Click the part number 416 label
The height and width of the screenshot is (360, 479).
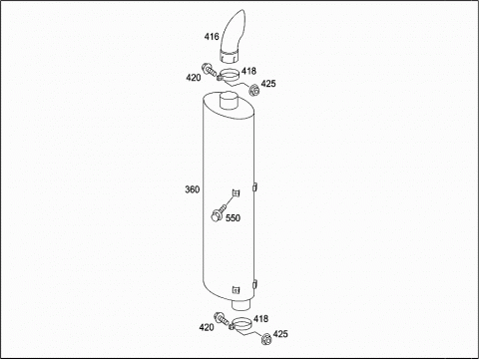[212, 36]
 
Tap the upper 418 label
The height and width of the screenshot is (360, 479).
[248, 71]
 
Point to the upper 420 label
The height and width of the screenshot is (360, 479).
[194, 78]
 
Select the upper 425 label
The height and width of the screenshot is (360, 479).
[268, 84]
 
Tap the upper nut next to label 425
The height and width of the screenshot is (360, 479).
[255, 90]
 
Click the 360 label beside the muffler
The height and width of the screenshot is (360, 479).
[193, 189]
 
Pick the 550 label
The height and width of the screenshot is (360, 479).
[233, 218]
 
